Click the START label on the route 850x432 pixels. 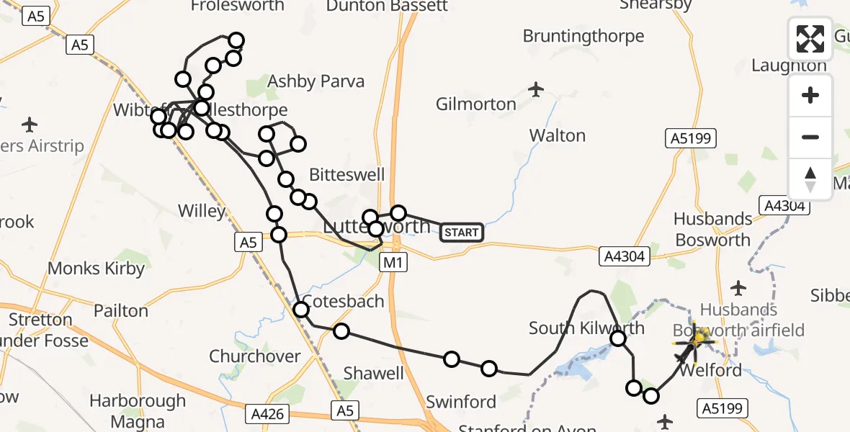point(461,232)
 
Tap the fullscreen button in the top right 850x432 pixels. point(810,39)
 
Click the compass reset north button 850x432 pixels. point(810,179)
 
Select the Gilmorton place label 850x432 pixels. point(476,104)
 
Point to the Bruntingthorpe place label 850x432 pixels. point(583,36)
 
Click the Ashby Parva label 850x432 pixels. point(316,81)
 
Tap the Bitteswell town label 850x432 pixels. point(346,175)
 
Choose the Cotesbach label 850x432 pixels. point(343,301)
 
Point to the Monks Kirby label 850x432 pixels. point(96,269)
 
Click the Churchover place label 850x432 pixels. point(255,356)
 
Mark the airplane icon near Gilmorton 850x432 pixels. point(535,89)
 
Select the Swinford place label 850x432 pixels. point(461,402)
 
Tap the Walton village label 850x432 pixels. point(558,135)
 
